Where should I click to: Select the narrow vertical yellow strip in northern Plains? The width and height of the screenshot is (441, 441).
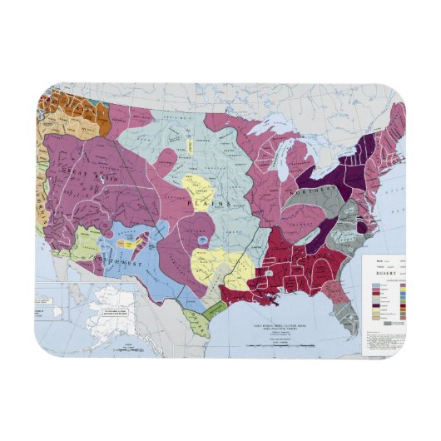[x=192, y=145]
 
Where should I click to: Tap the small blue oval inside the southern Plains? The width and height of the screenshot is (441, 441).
[x=204, y=240]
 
